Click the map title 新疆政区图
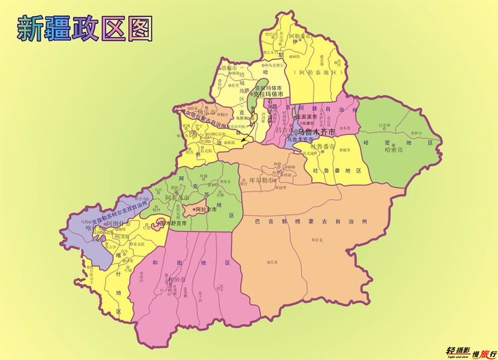click(84, 29)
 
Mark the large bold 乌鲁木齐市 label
click(317, 132)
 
